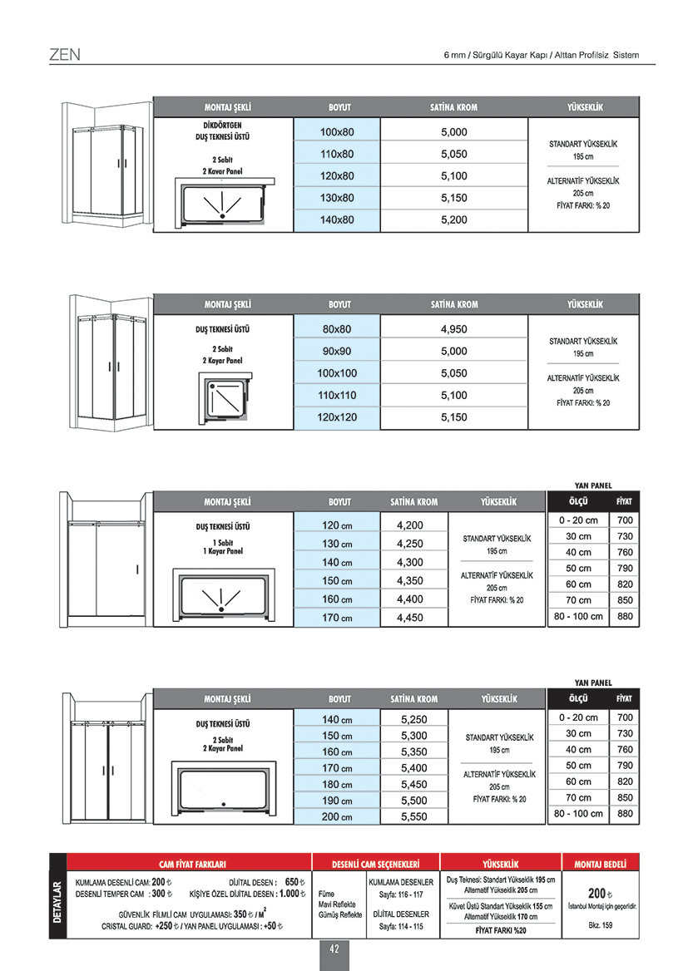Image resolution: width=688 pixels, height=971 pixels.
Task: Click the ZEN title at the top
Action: pos(64,56)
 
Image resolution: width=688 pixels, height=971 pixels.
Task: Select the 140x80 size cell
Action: pos(337,220)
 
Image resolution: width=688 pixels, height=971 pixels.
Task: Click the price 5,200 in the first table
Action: pos(453,220)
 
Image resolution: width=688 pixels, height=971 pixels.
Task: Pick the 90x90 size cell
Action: pos(337,351)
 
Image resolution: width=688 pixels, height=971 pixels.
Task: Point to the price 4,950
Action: pos(453,329)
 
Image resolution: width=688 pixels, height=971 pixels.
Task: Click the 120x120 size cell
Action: pos(337,417)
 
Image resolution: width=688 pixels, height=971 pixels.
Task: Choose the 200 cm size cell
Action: pos(337,817)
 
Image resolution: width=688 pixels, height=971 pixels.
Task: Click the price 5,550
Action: pos(413,817)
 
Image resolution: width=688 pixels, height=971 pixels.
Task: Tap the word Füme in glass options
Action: pos(326,895)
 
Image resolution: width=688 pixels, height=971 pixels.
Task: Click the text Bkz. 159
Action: pos(601,925)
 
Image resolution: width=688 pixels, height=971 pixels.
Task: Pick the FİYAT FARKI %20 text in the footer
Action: pos(501,930)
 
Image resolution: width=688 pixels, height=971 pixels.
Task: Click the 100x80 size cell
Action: pos(337,132)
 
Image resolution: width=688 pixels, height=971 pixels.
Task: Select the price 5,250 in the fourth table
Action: pos(413,720)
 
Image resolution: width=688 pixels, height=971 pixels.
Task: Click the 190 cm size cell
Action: pos(337,801)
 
